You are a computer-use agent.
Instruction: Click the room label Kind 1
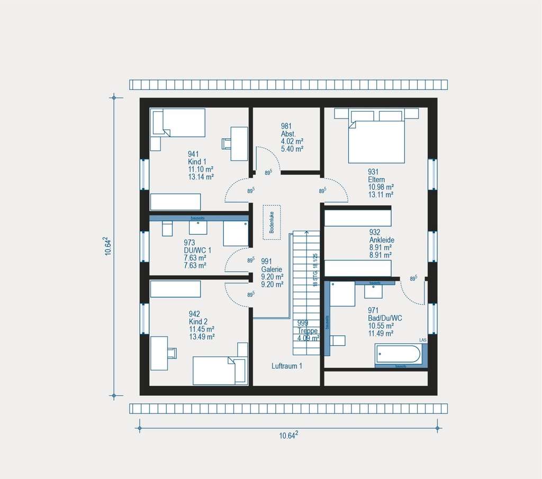pos(196,161)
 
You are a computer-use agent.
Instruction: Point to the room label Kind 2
pos(198,321)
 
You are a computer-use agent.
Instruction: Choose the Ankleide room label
pos(382,240)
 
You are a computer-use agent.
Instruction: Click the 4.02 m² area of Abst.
pos(292,141)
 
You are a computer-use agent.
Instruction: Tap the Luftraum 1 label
pos(287,366)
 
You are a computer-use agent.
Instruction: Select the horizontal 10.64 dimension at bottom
pos(288,435)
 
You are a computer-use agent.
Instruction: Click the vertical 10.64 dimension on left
pos(108,247)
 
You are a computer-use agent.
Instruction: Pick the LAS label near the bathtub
pos(423,340)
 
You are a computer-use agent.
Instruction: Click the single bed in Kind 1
pos(178,122)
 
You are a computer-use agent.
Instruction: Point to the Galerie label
pos(272,268)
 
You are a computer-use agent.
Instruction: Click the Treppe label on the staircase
pos(308,330)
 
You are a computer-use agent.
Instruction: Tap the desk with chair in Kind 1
pos(239,143)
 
